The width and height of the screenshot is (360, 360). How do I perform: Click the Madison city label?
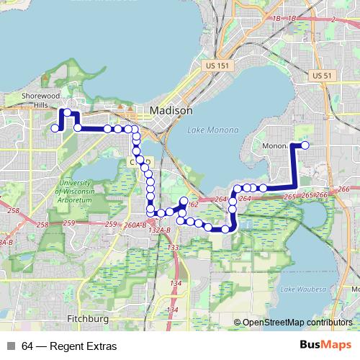(172, 111)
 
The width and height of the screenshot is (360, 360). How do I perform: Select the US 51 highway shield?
(321, 75)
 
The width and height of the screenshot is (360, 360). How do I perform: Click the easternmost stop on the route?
(305, 145)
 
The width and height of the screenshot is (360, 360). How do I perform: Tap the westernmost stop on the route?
(55, 128)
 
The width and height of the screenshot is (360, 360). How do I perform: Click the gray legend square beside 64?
(11, 346)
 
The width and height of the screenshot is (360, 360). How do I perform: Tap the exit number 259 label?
(69, 224)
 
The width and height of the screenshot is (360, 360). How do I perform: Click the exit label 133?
(173, 248)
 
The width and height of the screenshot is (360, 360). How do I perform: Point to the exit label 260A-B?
(135, 225)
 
